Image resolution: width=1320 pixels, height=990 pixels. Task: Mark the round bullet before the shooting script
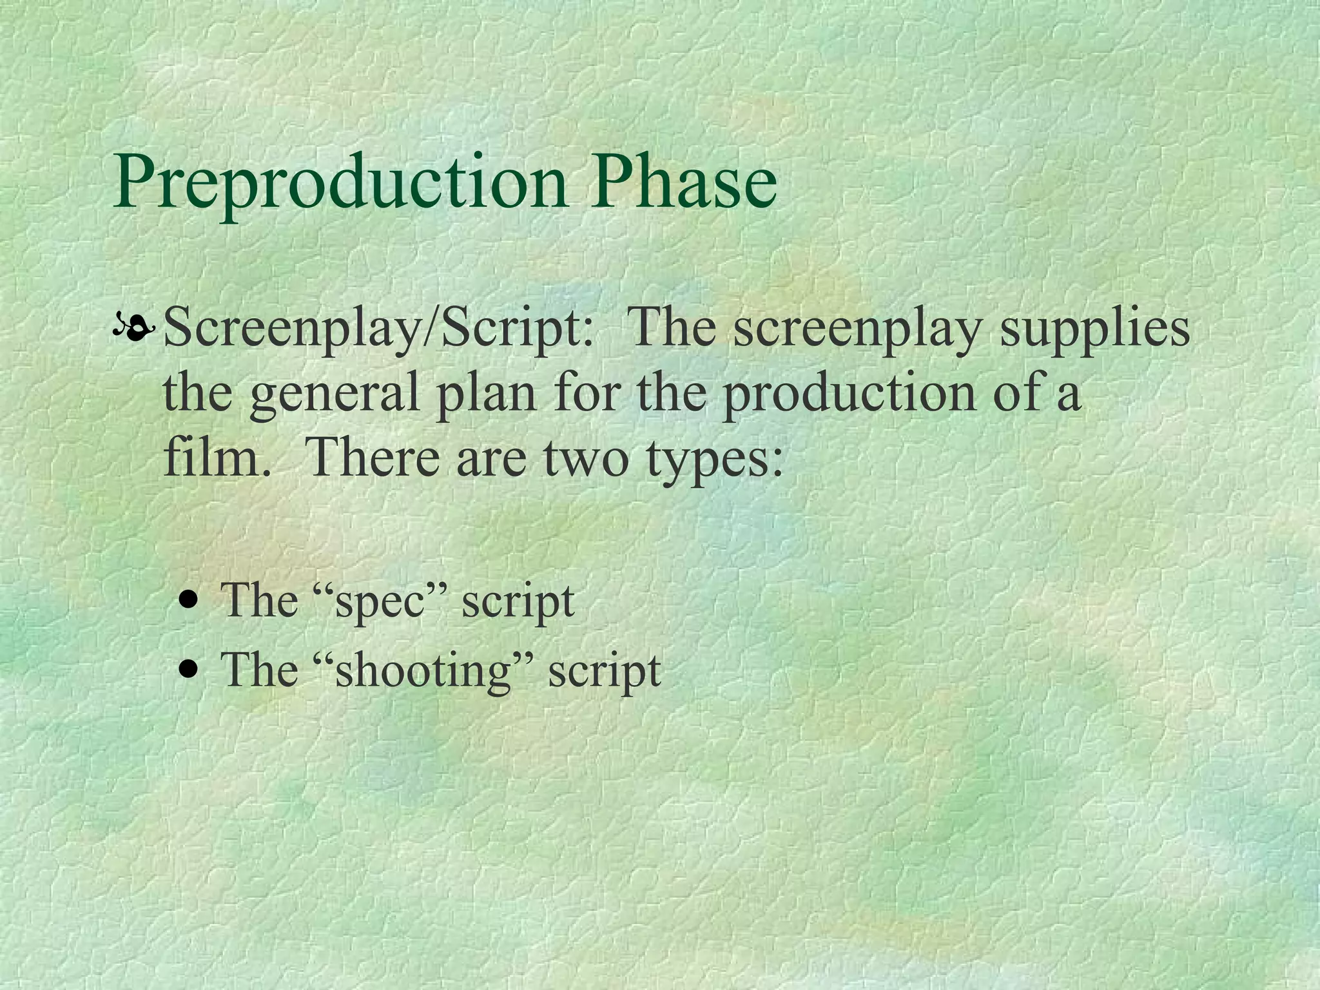(189, 670)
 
